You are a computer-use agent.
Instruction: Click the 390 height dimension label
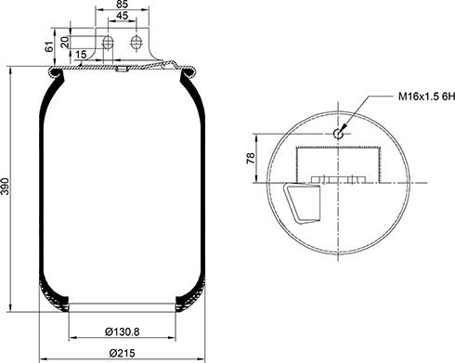click(x=6, y=187)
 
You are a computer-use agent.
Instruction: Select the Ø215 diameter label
click(x=123, y=353)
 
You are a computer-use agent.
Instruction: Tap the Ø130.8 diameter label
click(x=123, y=332)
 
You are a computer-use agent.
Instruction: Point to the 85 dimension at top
click(x=123, y=5)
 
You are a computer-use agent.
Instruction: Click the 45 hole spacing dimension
click(x=123, y=16)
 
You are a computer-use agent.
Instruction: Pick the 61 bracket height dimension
click(x=49, y=46)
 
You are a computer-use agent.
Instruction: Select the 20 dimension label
click(x=65, y=42)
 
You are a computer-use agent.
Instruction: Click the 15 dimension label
click(x=81, y=55)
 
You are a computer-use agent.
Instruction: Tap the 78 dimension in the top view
click(x=251, y=158)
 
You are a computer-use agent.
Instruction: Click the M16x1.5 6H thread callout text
click(x=426, y=97)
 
